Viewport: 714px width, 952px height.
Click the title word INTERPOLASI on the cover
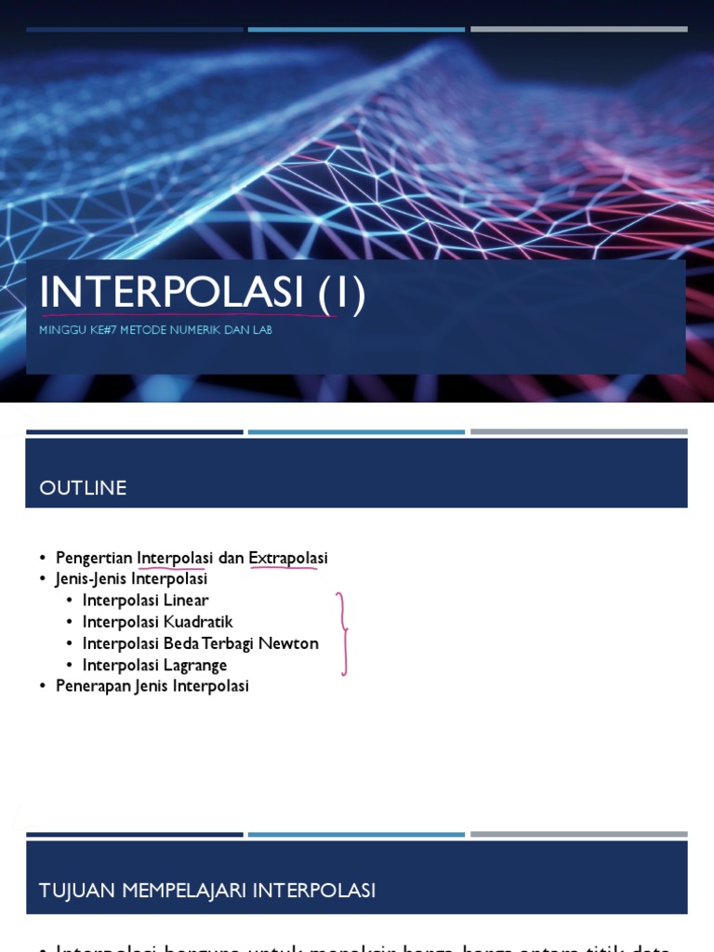pos(172,293)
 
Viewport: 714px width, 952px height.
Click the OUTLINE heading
pos(83,488)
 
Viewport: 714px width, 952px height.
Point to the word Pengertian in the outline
pos(94,558)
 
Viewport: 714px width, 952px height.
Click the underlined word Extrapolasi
pos(288,558)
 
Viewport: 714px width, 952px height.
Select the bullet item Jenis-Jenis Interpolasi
pos(131,578)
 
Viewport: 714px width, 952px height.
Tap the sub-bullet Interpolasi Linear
pos(145,600)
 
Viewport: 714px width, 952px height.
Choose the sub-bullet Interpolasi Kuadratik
pos(157,621)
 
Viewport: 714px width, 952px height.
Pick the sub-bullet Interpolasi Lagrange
pos(154,665)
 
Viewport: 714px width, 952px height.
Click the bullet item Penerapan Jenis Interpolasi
pos(152,686)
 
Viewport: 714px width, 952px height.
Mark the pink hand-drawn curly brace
pos(343,633)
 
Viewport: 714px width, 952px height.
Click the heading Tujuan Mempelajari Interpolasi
pos(207,891)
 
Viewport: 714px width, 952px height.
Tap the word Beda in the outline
pos(175,643)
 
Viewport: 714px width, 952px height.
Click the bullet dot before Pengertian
pos(43,558)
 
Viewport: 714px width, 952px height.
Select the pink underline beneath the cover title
pos(186,316)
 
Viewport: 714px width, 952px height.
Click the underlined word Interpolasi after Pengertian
pos(175,558)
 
